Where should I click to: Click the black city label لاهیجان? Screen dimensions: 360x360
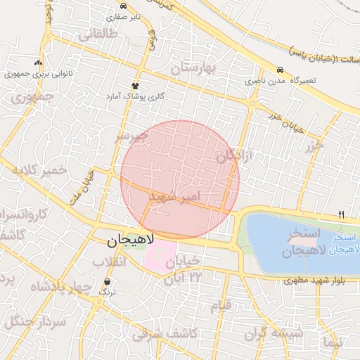(x=132, y=241)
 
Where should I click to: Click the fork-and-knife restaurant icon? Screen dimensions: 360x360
(x=342, y=214)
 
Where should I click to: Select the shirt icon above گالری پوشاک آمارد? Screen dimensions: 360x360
(x=134, y=86)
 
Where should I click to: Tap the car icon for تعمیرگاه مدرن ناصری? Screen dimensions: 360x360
(x=281, y=70)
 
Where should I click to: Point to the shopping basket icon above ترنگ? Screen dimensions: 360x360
(x=106, y=281)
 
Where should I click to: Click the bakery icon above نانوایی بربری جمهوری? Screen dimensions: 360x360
(x=39, y=63)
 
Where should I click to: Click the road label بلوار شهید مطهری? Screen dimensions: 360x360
(x=310, y=281)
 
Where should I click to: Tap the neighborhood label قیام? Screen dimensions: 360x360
(x=220, y=306)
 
